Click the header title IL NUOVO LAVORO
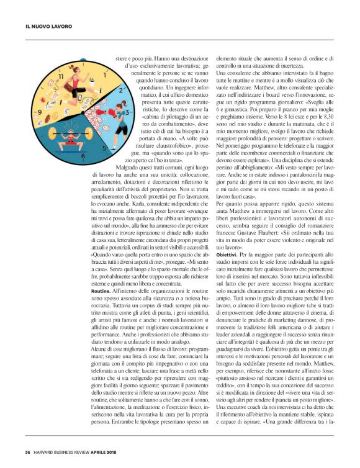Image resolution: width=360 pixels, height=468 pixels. point(48,27)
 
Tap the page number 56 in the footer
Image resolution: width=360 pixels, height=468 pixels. point(28,452)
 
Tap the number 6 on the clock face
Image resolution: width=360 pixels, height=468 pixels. point(83,158)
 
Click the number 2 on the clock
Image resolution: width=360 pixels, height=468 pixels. point(122,90)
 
